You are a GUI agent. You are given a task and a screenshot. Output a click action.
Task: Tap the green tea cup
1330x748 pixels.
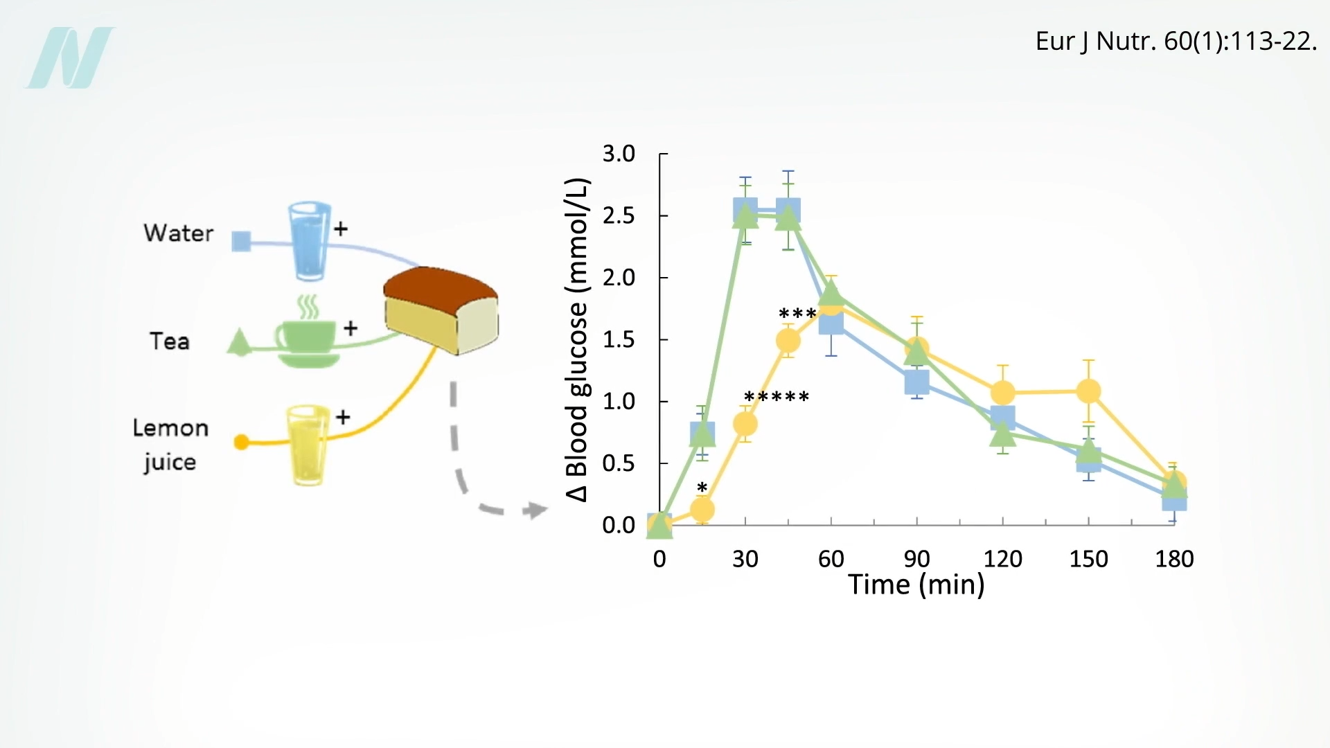point(307,339)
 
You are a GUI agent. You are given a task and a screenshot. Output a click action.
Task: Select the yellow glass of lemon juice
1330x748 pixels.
point(308,445)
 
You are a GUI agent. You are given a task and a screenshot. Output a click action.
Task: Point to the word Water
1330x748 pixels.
point(179,233)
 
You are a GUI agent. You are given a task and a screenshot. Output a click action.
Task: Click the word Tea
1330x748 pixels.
point(170,341)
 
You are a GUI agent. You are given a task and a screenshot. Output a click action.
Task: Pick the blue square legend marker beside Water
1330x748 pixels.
point(241,242)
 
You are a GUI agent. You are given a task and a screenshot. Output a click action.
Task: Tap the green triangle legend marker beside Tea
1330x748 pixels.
point(240,343)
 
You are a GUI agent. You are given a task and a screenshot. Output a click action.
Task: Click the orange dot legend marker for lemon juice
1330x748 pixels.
point(241,442)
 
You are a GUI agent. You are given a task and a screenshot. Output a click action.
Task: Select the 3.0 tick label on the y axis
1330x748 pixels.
point(619,154)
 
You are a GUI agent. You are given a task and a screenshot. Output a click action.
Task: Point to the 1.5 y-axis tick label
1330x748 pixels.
point(619,339)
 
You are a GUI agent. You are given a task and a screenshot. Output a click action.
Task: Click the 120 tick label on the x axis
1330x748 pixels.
point(1002,559)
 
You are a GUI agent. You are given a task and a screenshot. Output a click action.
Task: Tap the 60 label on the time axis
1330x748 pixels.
point(831,559)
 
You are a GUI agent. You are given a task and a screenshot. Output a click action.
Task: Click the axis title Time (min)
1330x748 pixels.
point(916,585)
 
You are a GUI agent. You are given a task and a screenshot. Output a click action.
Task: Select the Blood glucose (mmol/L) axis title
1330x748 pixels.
point(577,339)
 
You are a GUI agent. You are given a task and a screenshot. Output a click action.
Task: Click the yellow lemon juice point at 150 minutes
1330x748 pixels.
point(1088,391)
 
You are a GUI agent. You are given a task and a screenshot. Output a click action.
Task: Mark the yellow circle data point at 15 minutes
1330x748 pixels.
point(702,510)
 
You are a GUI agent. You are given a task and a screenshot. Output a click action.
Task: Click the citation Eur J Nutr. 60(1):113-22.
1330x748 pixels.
point(1176,42)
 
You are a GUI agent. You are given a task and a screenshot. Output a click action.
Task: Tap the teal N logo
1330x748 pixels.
point(70,57)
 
